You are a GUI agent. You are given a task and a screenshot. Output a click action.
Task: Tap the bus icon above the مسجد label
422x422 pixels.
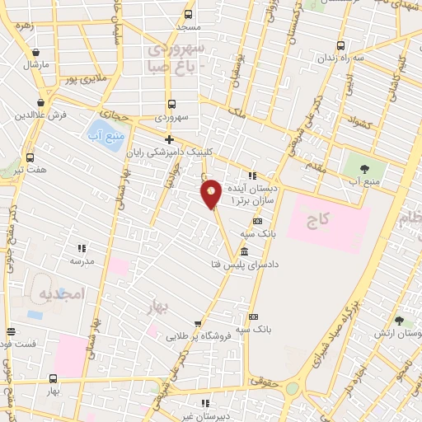tap(189, 15)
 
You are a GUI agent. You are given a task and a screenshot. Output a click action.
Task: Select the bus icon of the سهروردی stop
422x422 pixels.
tap(171, 105)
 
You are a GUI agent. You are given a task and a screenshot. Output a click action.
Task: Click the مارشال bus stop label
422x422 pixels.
tap(37, 63)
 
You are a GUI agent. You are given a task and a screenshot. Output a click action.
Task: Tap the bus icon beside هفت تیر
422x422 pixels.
tap(30, 158)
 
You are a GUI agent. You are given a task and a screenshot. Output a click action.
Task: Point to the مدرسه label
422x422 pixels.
tap(82, 260)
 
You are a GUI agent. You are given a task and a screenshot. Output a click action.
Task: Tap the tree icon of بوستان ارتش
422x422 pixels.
tap(399, 320)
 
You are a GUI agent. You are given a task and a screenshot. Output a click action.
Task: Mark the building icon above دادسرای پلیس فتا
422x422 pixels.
tap(245, 251)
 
